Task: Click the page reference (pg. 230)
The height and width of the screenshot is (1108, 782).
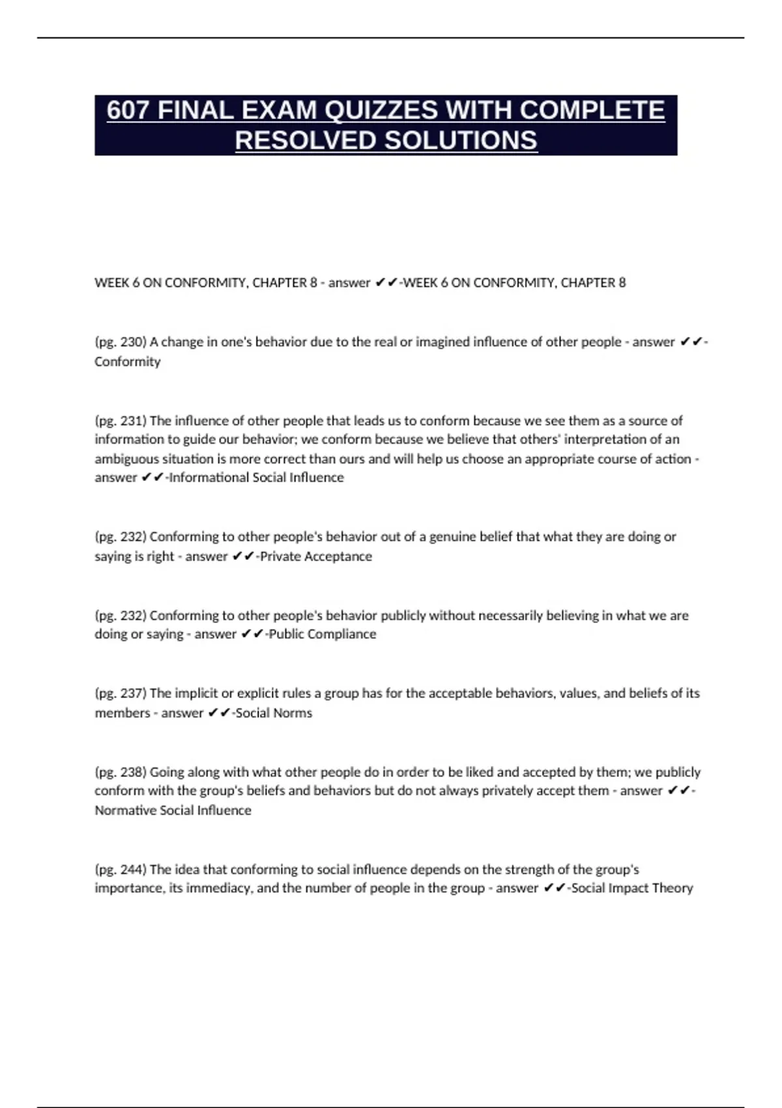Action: [x=121, y=342]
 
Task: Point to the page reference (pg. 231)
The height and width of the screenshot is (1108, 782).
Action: [x=121, y=420]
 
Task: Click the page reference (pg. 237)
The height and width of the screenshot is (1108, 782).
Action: [x=121, y=693]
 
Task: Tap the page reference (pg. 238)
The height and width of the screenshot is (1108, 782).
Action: [x=121, y=772]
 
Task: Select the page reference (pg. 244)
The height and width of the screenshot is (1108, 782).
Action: [x=121, y=869]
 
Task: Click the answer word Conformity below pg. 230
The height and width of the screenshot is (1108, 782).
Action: [x=128, y=362]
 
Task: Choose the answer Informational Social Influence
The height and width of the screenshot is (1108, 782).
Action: [x=257, y=478]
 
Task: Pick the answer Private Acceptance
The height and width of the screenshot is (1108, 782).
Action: [x=316, y=557]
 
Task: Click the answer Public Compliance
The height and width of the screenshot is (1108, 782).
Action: [x=323, y=634]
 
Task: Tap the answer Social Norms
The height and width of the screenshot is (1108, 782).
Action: [x=274, y=713]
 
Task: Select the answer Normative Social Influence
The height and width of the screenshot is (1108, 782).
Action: [x=173, y=811]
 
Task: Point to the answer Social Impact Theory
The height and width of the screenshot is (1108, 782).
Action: [x=631, y=888]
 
